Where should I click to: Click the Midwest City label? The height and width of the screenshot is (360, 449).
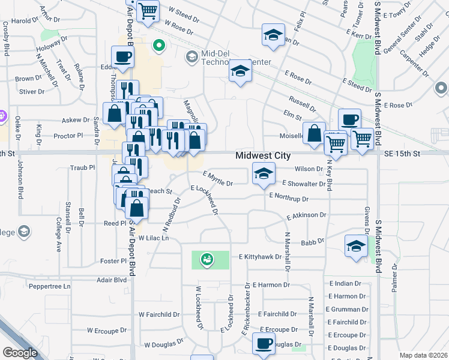point(263,155)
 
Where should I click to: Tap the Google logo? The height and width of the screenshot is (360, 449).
point(20,353)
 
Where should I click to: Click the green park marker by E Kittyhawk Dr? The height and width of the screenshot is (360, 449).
point(206,259)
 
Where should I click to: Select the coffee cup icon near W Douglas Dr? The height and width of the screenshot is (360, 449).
point(263,343)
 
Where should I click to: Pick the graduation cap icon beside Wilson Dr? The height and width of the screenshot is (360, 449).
point(263,174)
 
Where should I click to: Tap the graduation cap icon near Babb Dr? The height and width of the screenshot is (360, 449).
point(356,246)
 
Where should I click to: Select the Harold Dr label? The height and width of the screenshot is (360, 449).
point(25,21)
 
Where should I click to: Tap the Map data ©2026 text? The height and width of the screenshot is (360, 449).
point(423,355)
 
